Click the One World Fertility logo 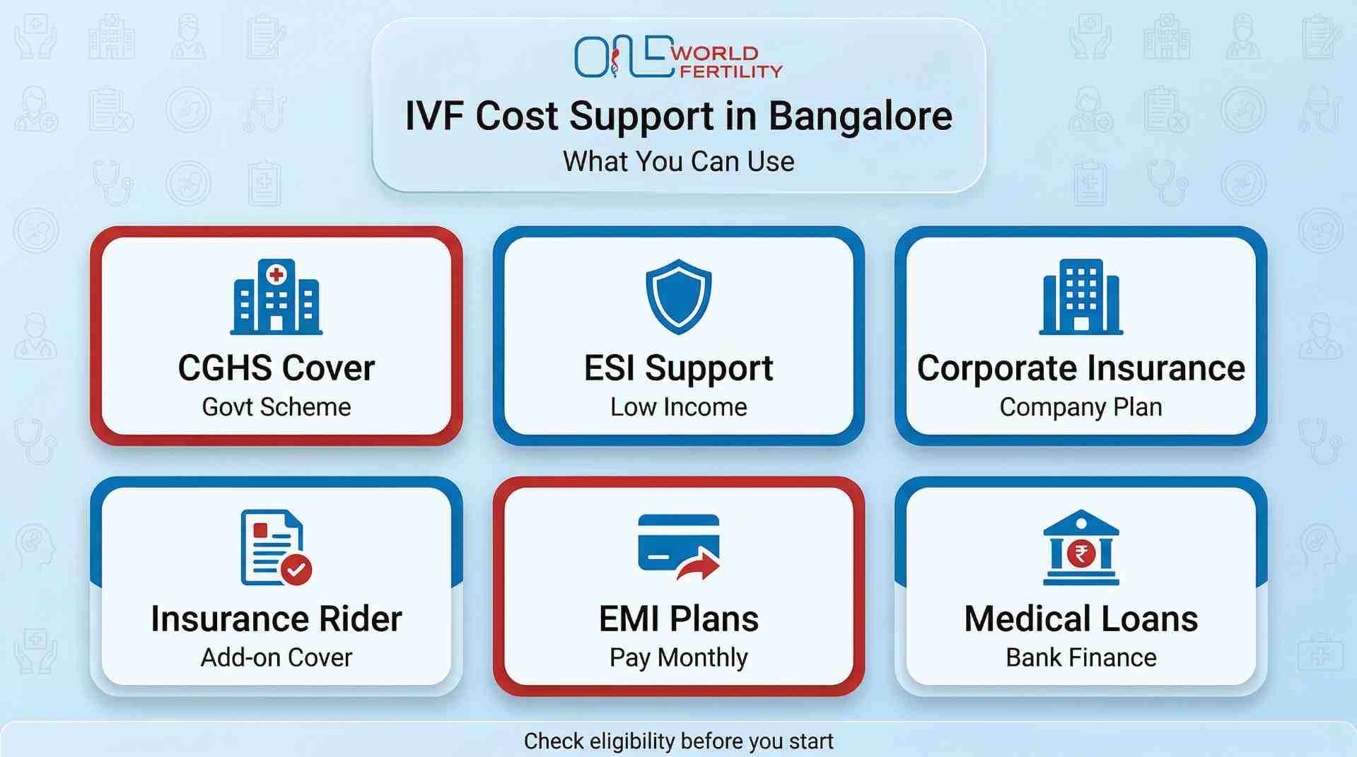(x=677, y=57)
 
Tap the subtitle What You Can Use (x=678, y=161)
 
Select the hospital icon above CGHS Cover (x=276, y=297)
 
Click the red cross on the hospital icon (x=276, y=274)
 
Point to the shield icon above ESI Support (x=678, y=296)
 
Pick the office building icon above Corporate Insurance (x=1081, y=297)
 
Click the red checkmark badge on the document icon (x=296, y=569)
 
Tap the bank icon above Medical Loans (x=1081, y=547)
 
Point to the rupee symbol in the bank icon (x=1081, y=553)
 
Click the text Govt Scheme (x=276, y=407)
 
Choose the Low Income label (x=678, y=407)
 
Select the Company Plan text (x=1081, y=407)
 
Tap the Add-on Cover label (x=276, y=657)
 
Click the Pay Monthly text (x=678, y=657)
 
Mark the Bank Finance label (x=1081, y=657)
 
